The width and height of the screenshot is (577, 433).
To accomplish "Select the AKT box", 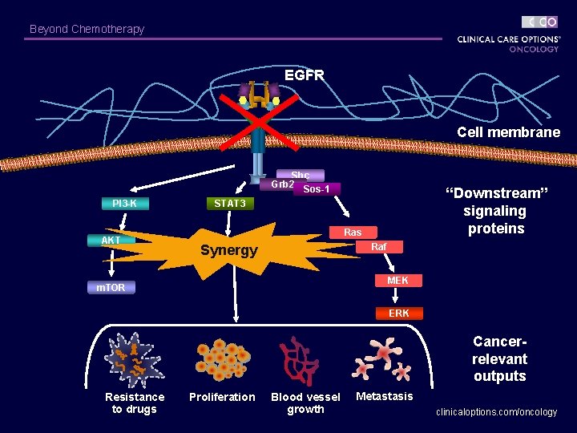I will [111, 240].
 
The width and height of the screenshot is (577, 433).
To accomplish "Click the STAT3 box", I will [229, 204].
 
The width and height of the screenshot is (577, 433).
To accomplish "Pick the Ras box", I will [353, 233].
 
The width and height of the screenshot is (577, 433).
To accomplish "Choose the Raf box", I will [379, 248].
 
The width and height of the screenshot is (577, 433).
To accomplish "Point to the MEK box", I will [397, 281].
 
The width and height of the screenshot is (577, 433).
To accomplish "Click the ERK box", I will [398, 313].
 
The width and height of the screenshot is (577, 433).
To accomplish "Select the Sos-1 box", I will [317, 189].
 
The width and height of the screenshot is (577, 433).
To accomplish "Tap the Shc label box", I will [301, 175].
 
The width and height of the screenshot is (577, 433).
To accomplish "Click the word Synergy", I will [229, 250].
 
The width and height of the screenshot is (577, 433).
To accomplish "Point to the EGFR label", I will [305, 75].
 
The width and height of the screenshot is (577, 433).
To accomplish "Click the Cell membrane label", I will [508, 132].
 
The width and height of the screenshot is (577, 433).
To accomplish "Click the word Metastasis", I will [385, 396].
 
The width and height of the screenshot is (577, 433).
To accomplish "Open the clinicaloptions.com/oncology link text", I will [496, 412].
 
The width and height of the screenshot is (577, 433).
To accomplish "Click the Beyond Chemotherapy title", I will [87, 29].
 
